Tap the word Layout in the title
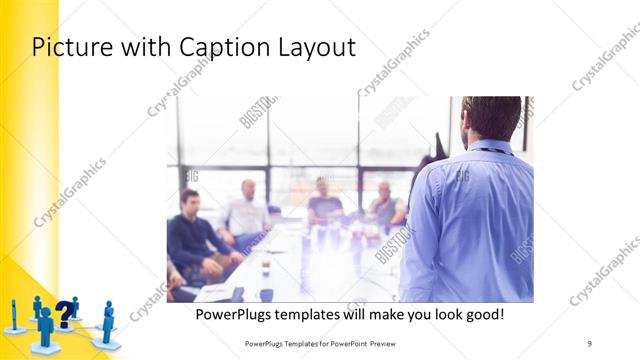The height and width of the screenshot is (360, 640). click(x=314, y=47)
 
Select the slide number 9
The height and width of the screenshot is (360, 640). click(x=590, y=343)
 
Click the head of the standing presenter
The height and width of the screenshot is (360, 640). click(x=490, y=118)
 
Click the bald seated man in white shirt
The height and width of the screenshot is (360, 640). click(x=247, y=210)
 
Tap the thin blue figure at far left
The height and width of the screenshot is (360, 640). click(x=13, y=316)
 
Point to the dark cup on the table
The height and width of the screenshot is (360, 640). click(x=265, y=294)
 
